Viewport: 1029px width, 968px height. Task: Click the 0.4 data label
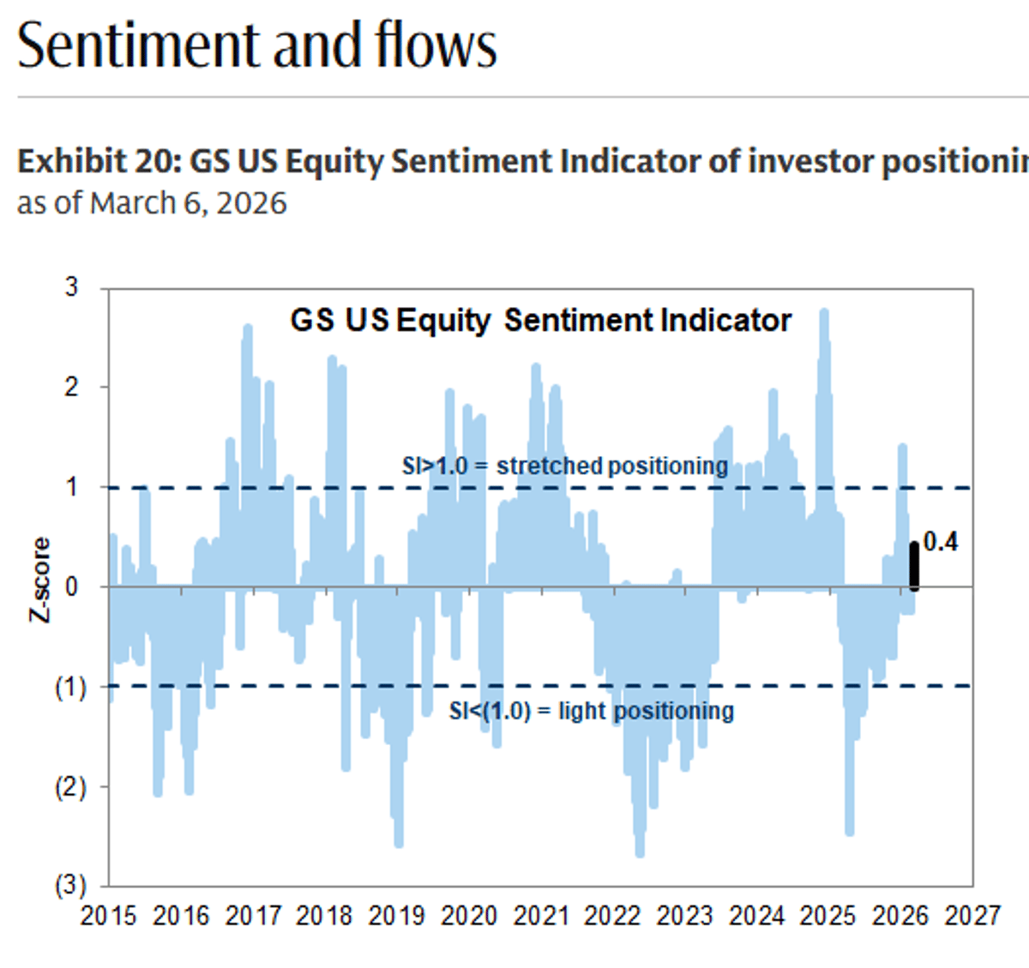tap(941, 542)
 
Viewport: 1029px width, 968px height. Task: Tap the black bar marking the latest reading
tap(914, 566)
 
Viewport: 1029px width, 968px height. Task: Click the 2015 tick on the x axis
tap(108, 916)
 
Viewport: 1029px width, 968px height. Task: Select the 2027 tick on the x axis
tap(972, 916)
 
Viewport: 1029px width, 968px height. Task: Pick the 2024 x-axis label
tap(756, 916)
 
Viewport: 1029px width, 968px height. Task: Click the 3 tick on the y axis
tap(72, 287)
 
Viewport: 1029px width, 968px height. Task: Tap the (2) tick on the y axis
tap(70, 787)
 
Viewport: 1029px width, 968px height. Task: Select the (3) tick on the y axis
tap(70, 886)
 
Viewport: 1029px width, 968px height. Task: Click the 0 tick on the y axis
tap(72, 587)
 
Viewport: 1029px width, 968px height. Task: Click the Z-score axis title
tap(40, 580)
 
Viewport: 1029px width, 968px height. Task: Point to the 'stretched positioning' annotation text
tap(611, 466)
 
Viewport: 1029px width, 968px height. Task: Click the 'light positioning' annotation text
tap(646, 711)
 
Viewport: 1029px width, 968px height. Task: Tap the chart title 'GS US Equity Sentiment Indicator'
tap(540, 321)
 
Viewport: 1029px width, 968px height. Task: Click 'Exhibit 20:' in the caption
tap(99, 161)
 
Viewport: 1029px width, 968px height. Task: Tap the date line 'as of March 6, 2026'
tap(152, 204)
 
